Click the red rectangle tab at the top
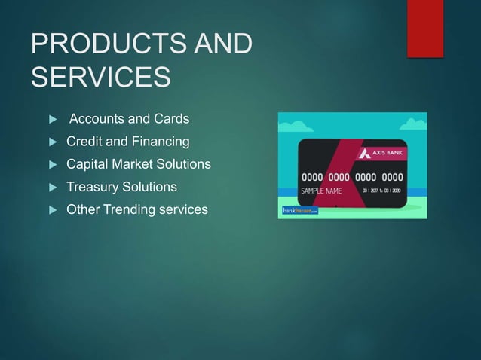424,28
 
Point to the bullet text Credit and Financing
128,142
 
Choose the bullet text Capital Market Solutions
139,164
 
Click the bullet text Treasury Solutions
121,187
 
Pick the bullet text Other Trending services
136,209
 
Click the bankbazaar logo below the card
300,212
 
